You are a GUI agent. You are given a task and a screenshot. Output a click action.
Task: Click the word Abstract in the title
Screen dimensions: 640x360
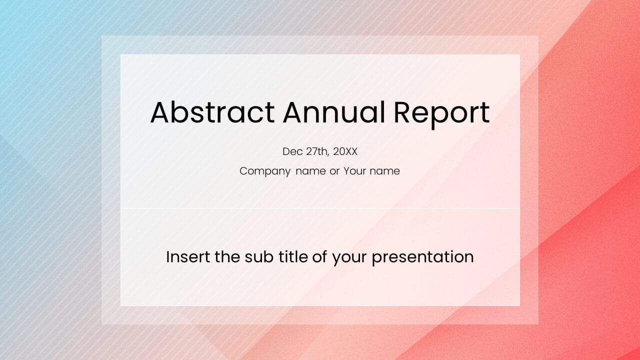pos(212,112)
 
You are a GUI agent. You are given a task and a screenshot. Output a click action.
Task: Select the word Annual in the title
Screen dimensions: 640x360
pos(334,112)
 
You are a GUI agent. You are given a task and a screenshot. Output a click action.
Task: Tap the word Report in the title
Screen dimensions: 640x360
pos(441,114)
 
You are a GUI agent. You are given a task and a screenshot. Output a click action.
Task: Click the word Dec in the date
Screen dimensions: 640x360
pos(292,151)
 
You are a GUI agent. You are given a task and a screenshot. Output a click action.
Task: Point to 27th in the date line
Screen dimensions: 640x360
pos(317,151)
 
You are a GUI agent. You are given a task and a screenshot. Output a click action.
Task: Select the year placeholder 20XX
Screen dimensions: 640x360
pos(345,151)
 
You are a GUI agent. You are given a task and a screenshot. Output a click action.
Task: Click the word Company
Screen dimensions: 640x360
pos(265,171)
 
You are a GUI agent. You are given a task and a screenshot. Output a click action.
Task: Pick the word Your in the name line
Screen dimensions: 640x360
pos(354,171)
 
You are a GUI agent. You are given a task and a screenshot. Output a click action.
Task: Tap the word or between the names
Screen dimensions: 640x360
pos(334,171)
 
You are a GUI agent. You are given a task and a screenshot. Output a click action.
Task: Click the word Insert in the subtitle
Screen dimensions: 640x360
pos(188,256)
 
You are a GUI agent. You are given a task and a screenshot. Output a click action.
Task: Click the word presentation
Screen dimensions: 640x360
pos(422,257)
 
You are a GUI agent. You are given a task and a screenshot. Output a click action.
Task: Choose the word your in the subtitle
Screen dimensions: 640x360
pos(349,259)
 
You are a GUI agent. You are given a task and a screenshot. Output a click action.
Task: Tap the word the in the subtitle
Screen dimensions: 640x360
pos(227,256)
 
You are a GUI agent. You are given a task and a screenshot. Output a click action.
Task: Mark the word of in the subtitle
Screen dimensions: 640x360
pos(319,256)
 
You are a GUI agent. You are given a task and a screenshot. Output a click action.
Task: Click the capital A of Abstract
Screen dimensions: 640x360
pos(161,112)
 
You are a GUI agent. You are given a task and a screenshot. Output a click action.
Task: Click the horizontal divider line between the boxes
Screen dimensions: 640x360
pos(320,208)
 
